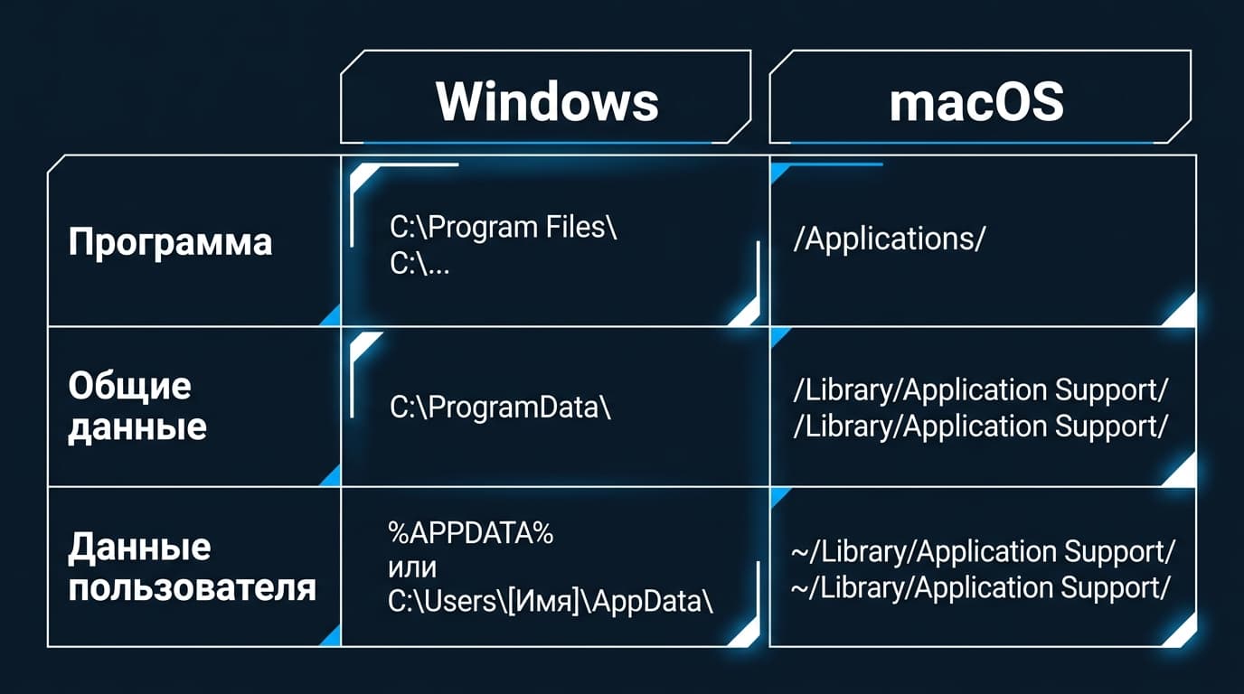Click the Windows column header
click(547, 101)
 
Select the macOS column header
click(976, 102)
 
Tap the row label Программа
click(170, 242)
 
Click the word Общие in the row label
click(129, 385)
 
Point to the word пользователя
click(193, 588)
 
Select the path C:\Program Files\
click(504, 227)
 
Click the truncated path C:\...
click(419, 263)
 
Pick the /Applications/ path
click(889, 239)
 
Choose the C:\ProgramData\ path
click(500, 408)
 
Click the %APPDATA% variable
click(470, 533)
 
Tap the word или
click(412, 568)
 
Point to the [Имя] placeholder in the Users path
click(542, 602)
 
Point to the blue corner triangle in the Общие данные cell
click(332, 477)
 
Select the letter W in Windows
click(463, 101)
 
